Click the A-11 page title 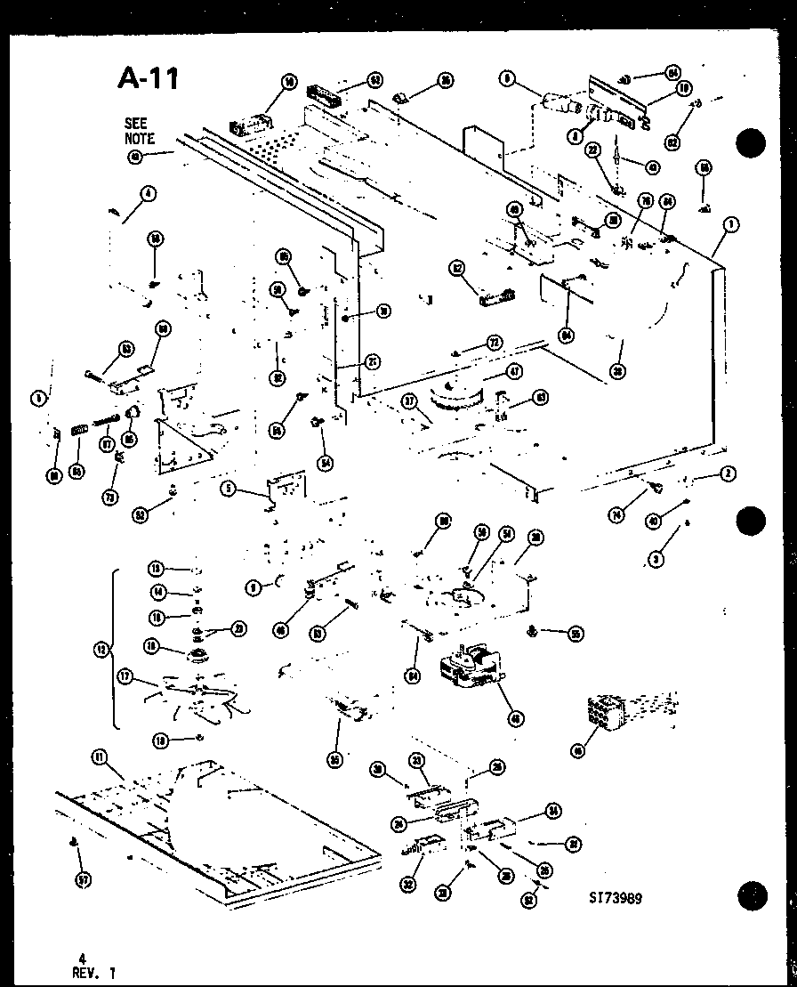149,78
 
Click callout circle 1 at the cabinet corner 729,225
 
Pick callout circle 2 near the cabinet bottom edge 729,474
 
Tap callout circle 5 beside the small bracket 229,489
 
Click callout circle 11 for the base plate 99,756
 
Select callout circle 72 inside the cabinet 494,344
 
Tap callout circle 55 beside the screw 576,634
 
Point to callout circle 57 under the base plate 82,880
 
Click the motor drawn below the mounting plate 471,668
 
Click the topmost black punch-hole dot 752,143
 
